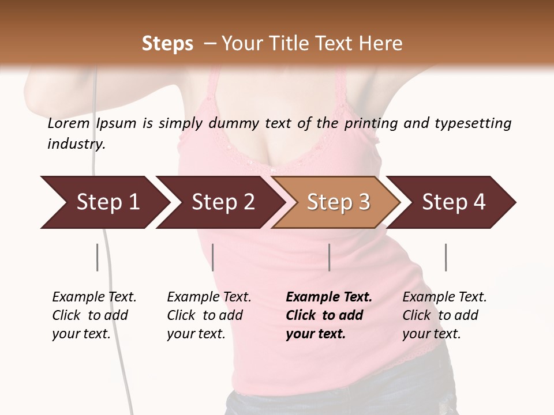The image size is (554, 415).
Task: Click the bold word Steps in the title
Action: click(x=167, y=44)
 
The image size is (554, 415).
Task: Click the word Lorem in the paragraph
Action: click(x=69, y=123)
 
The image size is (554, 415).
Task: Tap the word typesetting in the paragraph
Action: click(x=473, y=123)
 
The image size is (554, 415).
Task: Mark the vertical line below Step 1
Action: click(x=98, y=257)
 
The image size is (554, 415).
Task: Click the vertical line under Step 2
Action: click(x=213, y=257)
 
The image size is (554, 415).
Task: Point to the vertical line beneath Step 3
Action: click(x=330, y=257)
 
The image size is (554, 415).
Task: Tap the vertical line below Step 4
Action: click(x=446, y=257)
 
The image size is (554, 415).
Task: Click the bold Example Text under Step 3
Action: click(x=329, y=297)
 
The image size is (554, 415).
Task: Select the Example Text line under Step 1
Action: click(x=94, y=297)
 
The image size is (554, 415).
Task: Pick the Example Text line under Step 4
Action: click(x=444, y=297)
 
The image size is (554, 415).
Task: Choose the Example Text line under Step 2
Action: click(x=209, y=297)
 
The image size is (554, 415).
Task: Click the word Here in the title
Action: click(x=381, y=44)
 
